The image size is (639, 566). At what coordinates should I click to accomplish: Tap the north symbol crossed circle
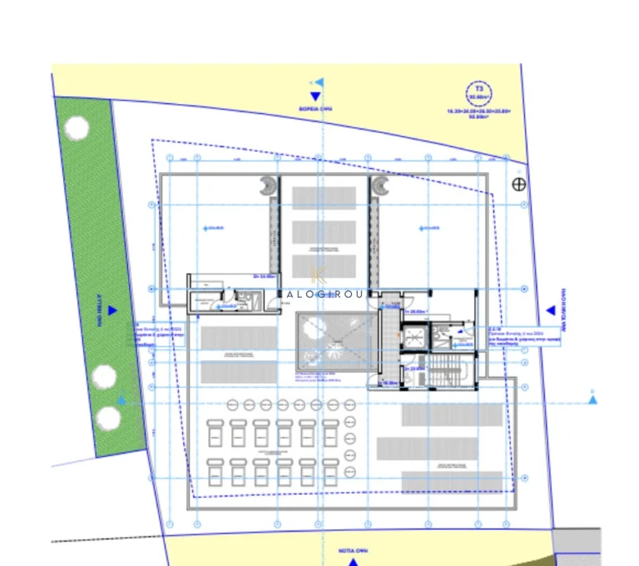tap(520, 184)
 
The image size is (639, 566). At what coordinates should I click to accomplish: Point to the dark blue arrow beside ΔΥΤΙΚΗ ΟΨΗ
tap(113, 311)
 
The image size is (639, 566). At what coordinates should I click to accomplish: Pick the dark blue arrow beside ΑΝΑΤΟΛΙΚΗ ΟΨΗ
tap(550, 311)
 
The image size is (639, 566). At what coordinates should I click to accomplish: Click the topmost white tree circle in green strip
tap(77, 129)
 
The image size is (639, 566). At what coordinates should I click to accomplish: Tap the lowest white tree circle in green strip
tap(108, 417)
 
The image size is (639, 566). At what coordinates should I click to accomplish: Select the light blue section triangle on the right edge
tap(592, 400)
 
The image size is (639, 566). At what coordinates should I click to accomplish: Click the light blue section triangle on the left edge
tap(121, 401)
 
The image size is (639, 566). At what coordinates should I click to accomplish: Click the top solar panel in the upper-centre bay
tap(324, 196)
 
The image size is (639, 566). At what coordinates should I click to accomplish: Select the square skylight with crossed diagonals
tap(330, 342)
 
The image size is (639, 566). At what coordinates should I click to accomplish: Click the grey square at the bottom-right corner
tap(577, 546)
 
